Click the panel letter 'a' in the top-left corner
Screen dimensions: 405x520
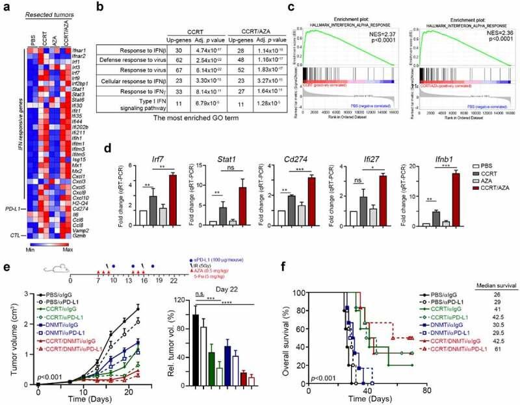tap(5, 7)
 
